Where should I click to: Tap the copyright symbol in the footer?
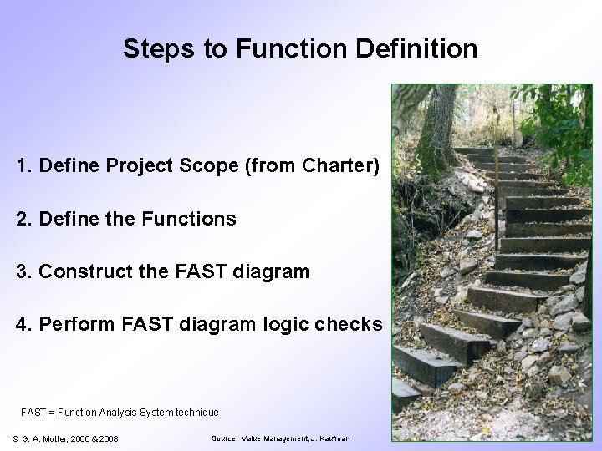[x=17, y=438]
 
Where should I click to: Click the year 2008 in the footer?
[x=107, y=438]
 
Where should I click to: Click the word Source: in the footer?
[x=226, y=438]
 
